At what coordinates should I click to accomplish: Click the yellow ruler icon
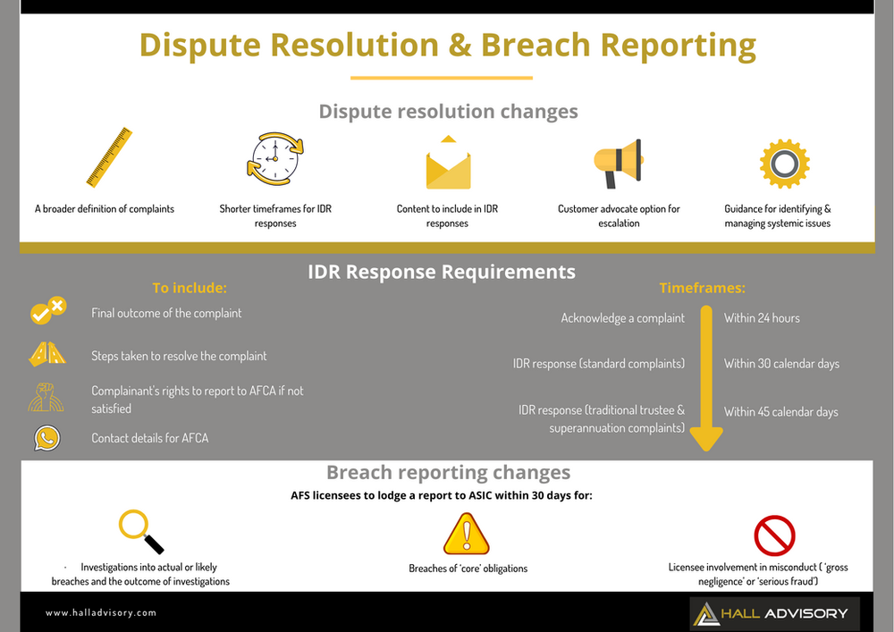pyautogui.click(x=110, y=157)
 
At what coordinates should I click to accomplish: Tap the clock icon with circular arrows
pyautogui.click(x=274, y=158)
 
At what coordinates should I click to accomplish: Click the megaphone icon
pyautogui.click(x=619, y=163)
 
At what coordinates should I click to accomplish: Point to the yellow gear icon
pyautogui.click(x=784, y=164)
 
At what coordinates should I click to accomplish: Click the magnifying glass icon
pyautogui.click(x=141, y=531)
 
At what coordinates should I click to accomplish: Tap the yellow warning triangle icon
pyautogui.click(x=467, y=534)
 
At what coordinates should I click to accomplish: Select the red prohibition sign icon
pyautogui.click(x=774, y=535)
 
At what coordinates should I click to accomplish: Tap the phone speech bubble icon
pyautogui.click(x=46, y=438)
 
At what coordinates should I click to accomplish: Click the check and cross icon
pyautogui.click(x=47, y=312)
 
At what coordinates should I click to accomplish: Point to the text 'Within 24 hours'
pyautogui.click(x=762, y=318)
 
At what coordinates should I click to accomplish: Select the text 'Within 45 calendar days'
pyautogui.click(x=780, y=412)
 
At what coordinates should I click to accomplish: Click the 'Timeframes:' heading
pyautogui.click(x=702, y=289)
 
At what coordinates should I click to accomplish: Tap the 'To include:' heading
pyautogui.click(x=190, y=289)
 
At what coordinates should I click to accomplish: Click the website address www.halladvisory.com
pyautogui.click(x=101, y=612)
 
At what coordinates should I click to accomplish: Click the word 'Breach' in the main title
pyautogui.click(x=536, y=44)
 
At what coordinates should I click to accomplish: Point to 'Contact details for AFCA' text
pyautogui.click(x=149, y=438)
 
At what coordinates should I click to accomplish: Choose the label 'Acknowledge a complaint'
pyautogui.click(x=623, y=318)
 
